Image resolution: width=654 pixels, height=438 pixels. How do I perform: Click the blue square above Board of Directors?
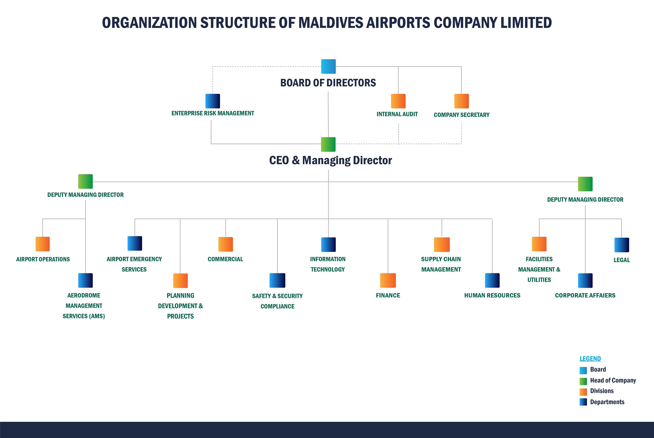(x=328, y=66)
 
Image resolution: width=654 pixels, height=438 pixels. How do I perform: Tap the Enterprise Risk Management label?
(x=213, y=113)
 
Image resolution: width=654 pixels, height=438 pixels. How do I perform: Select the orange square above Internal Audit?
(x=398, y=101)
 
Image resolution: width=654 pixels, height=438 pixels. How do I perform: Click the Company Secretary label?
(x=461, y=115)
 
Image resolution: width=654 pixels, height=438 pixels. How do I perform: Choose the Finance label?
(x=388, y=295)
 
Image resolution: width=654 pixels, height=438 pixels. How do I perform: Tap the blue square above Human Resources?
(x=492, y=280)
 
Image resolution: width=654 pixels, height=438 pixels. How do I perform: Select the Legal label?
(x=622, y=260)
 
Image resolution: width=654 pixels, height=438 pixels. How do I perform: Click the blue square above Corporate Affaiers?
(x=585, y=280)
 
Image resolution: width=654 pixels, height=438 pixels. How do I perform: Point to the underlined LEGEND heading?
(x=590, y=359)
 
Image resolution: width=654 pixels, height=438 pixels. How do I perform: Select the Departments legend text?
(x=607, y=402)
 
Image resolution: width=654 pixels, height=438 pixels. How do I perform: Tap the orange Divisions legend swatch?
(x=583, y=392)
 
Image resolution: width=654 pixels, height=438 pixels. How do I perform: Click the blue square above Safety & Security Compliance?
(x=277, y=280)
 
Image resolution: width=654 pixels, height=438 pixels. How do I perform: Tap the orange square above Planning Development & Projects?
(x=180, y=281)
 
